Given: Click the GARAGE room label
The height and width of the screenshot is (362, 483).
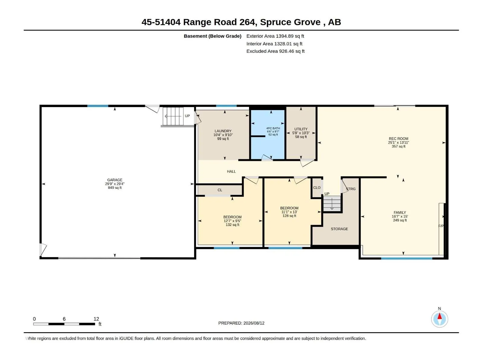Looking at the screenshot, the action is pyautogui.click(x=115, y=184).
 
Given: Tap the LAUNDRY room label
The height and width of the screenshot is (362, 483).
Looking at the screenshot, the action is pyautogui.click(x=223, y=135).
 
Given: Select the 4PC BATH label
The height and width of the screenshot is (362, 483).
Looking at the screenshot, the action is pyautogui.click(x=273, y=131).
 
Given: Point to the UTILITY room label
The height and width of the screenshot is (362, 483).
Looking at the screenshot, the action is pyautogui.click(x=301, y=133).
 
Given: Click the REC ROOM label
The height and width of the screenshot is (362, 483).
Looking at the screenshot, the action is pyautogui.click(x=398, y=142).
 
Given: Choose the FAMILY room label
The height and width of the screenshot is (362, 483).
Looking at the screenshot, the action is pyautogui.click(x=400, y=216).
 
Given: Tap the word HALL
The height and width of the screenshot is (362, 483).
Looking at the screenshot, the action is pyautogui.click(x=231, y=171).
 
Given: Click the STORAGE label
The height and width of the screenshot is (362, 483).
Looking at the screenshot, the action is pyautogui.click(x=339, y=229).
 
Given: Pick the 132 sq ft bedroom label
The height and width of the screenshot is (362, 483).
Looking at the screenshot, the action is pyautogui.click(x=232, y=221).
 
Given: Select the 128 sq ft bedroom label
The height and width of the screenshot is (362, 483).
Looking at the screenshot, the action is pyautogui.click(x=289, y=212).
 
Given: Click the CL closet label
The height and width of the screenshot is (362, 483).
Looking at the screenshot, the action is pyautogui.click(x=220, y=190).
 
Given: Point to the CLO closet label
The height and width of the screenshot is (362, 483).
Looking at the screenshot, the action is pyautogui.click(x=317, y=187).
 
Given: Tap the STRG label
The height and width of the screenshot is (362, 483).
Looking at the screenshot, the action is pyautogui.click(x=351, y=189).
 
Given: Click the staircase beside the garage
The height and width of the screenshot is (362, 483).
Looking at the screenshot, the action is pyautogui.click(x=173, y=116).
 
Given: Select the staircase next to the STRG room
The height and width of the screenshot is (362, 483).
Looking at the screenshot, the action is pyautogui.click(x=332, y=204).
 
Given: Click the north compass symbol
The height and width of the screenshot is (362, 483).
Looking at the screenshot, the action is pyautogui.click(x=440, y=319).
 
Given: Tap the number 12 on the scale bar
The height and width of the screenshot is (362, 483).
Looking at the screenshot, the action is pyautogui.click(x=96, y=319).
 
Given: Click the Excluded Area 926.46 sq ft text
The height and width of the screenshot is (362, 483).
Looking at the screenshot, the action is pyautogui.click(x=275, y=51).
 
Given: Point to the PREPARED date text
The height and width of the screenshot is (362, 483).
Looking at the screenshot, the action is pyautogui.click(x=241, y=323).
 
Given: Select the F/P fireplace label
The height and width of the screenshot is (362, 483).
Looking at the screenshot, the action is pyautogui.click(x=441, y=226).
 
